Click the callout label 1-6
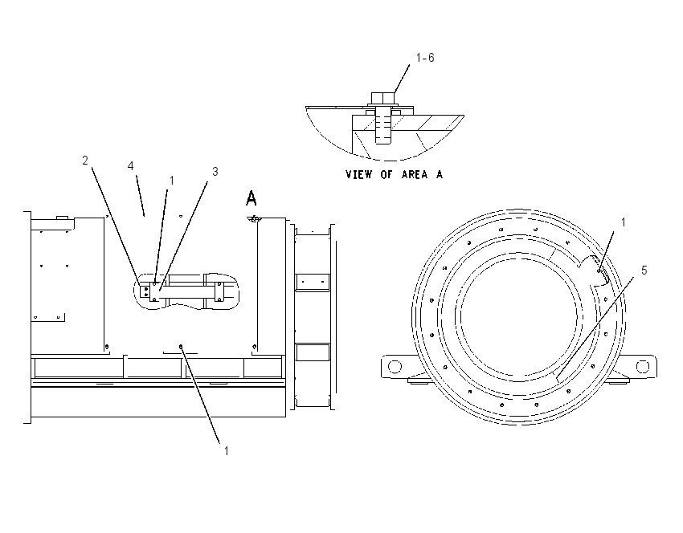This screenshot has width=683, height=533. click(425, 58)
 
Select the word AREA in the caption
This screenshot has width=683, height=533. click(415, 174)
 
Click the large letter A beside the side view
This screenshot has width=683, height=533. click(252, 198)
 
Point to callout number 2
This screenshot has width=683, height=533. click(85, 161)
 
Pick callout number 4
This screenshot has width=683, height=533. click(130, 166)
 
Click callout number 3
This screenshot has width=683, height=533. click(215, 172)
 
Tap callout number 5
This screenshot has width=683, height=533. click(644, 271)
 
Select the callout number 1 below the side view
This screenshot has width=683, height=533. click(226, 451)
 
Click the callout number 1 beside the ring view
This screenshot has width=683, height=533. click(623, 222)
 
